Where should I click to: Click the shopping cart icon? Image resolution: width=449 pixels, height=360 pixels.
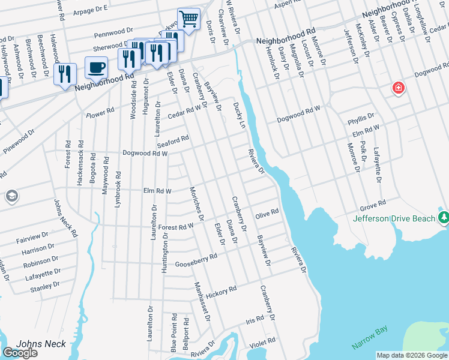[x=188, y=19]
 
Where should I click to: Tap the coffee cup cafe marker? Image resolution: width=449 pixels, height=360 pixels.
[x=96, y=67]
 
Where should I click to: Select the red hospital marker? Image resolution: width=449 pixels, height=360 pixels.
[x=398, y=89]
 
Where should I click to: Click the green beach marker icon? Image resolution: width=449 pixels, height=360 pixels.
[x=443, y=217]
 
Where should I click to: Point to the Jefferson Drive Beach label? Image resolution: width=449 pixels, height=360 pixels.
[x=394, y=218]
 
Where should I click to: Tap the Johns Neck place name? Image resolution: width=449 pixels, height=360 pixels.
[x=33, y=344]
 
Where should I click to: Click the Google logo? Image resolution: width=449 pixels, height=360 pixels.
[x=20, y=353]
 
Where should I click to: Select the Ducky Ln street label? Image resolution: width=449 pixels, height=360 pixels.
[x=239, y=114]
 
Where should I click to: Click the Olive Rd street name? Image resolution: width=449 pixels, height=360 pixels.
[x=267, y=212]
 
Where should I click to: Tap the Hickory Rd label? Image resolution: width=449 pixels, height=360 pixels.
[x=221, y=292]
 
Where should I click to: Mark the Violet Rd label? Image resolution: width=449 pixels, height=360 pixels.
[x=262, y=341]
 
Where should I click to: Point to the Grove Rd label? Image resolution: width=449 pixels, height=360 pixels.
[x=372, y=206]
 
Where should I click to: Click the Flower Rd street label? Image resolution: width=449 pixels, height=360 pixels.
[x=100, y=113]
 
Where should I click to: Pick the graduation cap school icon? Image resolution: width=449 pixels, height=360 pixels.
[x=11, y=196]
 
